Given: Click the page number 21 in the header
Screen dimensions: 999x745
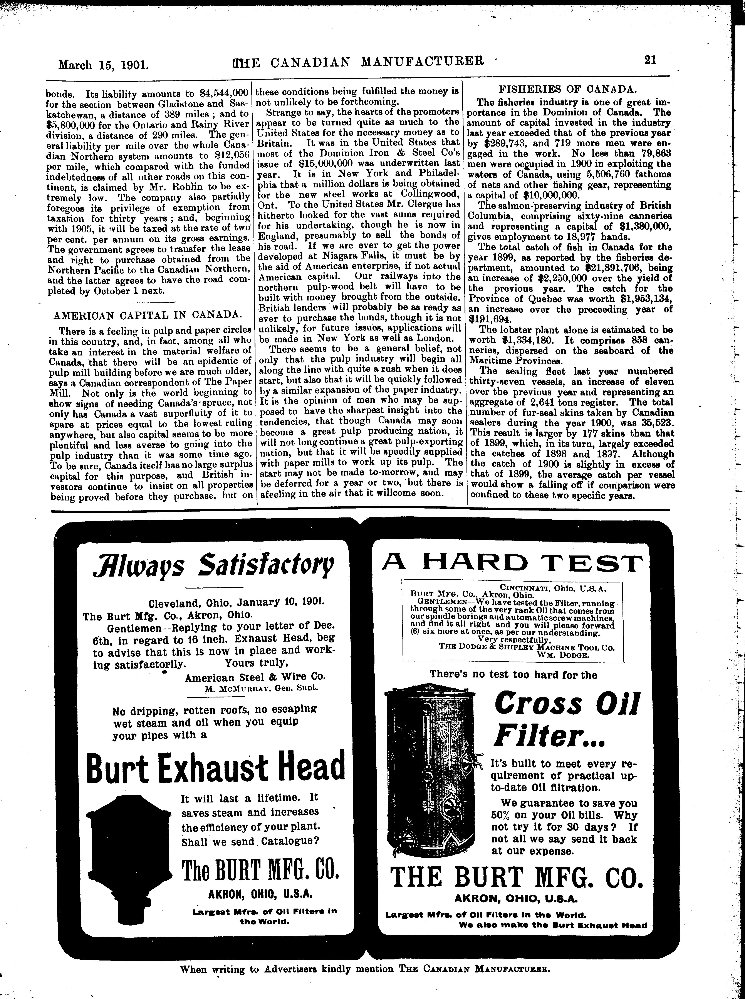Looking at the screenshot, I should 650,60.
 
